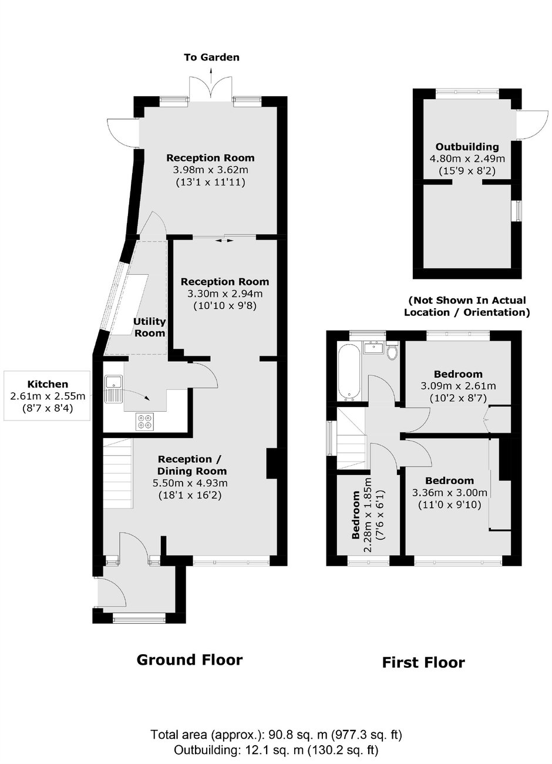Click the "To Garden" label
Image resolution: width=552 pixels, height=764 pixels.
[211, 58]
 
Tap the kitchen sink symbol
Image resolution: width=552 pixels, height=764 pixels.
[113, 388]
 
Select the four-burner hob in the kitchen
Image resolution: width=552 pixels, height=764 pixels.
[144, 420]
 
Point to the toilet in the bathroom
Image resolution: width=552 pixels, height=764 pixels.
[393, 351]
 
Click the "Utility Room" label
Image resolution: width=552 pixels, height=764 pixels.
[149, 327]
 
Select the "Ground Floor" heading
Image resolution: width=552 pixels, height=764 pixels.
[189, 659]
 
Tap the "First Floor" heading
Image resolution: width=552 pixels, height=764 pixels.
[423, 662]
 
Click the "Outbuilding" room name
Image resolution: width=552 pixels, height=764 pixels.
[467, 147]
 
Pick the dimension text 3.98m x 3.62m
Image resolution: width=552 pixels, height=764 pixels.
[210, 170]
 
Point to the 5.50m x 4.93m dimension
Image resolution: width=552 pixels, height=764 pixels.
[190, 483]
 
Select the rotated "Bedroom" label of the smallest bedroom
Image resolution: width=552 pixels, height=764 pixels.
[356, 516]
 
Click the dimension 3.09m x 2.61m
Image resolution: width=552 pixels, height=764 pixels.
[458, 386]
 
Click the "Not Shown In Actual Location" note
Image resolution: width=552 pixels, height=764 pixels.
[467, 306]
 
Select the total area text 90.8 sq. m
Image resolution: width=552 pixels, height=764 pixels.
[276, 735]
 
